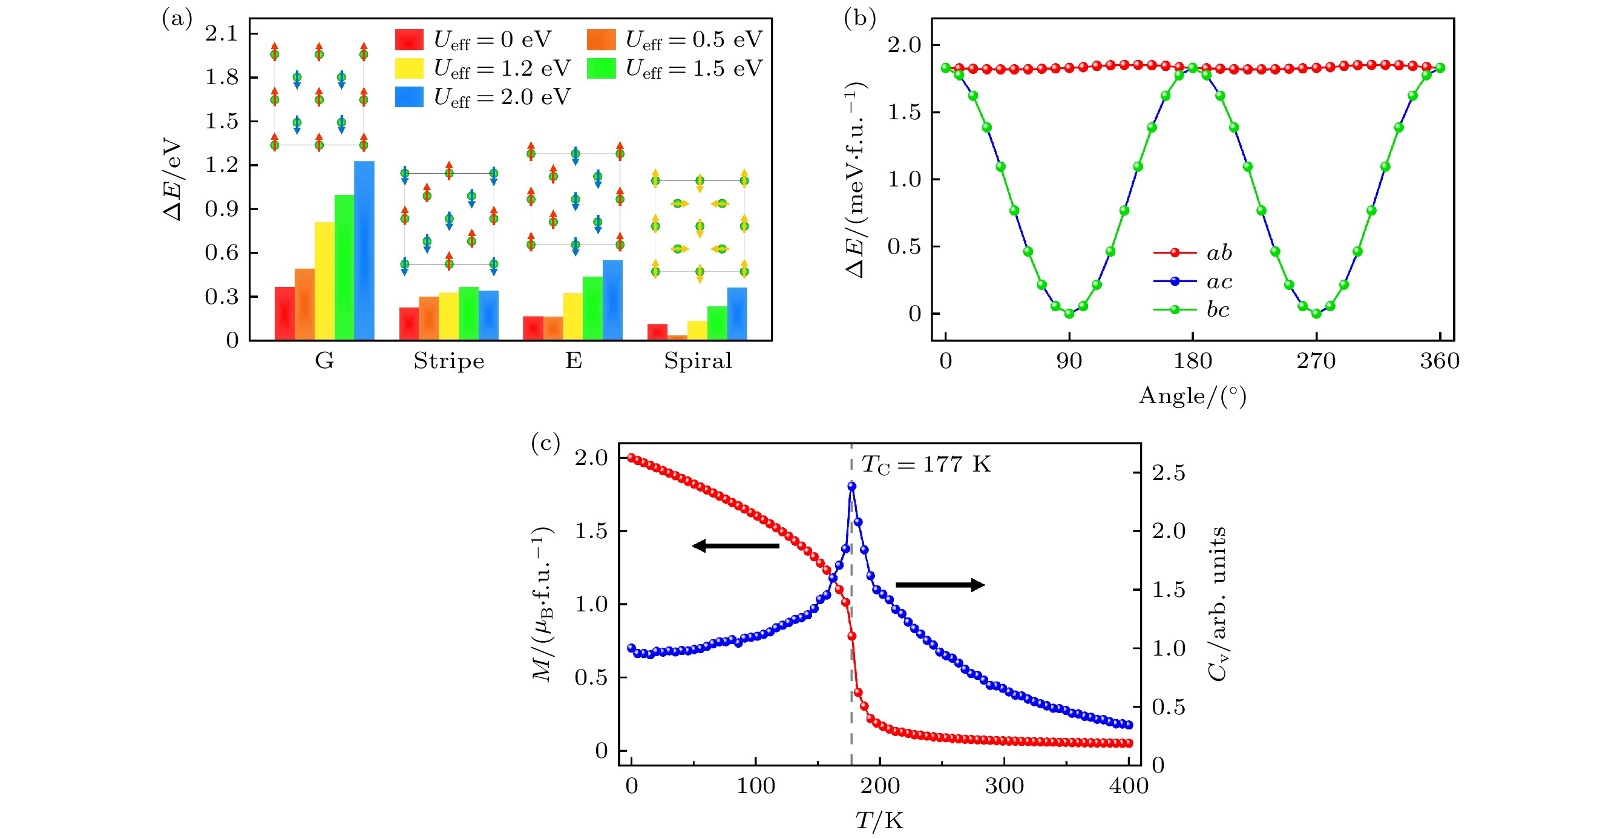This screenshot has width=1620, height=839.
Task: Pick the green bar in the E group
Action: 592,308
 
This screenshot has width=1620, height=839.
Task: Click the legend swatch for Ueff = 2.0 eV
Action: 408,97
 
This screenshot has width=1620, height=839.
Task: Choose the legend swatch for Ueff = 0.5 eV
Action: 601,39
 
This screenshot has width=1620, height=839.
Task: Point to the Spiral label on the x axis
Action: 698,361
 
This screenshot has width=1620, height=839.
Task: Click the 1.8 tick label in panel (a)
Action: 221,77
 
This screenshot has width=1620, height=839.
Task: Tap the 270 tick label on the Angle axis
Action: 1316,361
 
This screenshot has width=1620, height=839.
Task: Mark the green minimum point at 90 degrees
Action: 1069,313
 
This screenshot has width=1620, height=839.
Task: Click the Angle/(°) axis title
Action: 1192,396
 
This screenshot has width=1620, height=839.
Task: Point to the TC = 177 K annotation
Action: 926,465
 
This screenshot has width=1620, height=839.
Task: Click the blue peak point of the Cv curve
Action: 851,485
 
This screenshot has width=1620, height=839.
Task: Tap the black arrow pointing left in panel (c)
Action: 736,545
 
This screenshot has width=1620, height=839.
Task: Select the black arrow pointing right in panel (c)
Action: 940,585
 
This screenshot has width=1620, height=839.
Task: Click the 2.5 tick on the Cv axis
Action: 1168,473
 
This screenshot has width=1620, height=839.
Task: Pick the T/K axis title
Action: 879,821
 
